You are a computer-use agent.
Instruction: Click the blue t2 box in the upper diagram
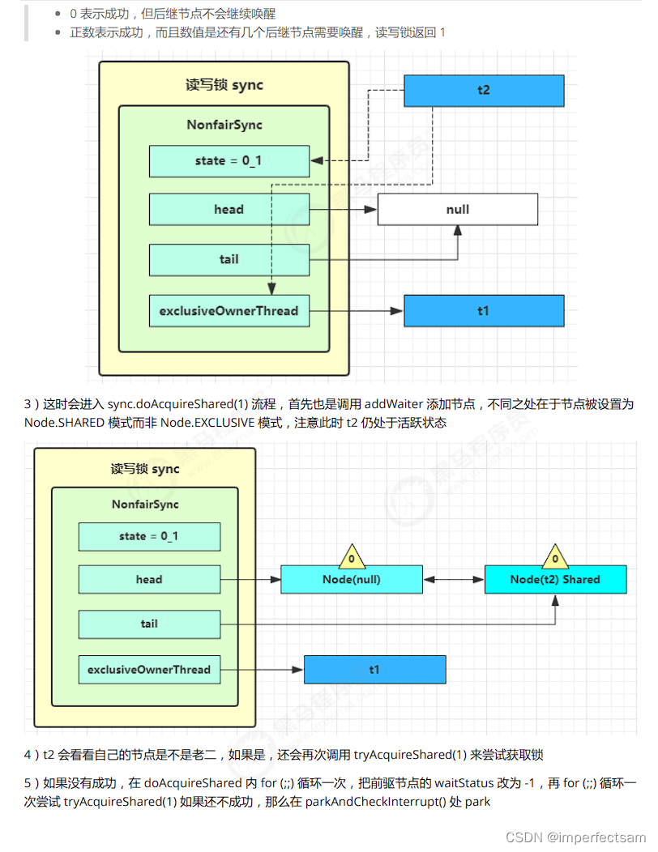coord(484,90)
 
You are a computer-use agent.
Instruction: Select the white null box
coord(457,209)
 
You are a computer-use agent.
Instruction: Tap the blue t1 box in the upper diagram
coord(484,311)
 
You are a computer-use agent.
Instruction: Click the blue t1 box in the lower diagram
coord(374,670)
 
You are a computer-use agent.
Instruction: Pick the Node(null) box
coord(352,579)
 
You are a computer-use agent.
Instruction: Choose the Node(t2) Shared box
coord(555,579)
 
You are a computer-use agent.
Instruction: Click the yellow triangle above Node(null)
coord(352,556)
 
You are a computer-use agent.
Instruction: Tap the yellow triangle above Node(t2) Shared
coord(555,556)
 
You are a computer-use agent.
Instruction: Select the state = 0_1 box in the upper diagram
coord(229,161)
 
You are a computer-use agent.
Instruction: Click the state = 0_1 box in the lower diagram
coord(149,536)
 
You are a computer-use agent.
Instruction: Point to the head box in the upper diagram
coord(229,209)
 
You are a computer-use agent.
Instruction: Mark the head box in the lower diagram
coord(149,579)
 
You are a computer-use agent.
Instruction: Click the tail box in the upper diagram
coord(229,260)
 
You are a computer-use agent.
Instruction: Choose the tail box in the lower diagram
coord(149,624)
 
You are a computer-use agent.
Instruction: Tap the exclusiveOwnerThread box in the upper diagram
coord(229,311)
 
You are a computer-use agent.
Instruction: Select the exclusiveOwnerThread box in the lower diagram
coord(149,670)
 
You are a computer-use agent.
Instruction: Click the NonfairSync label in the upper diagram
coord(224,125)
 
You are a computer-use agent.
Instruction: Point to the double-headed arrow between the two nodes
coord(454,580)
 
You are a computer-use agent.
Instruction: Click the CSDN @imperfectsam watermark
coord(575,837)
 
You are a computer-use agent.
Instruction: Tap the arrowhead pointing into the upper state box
coord(317,161)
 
